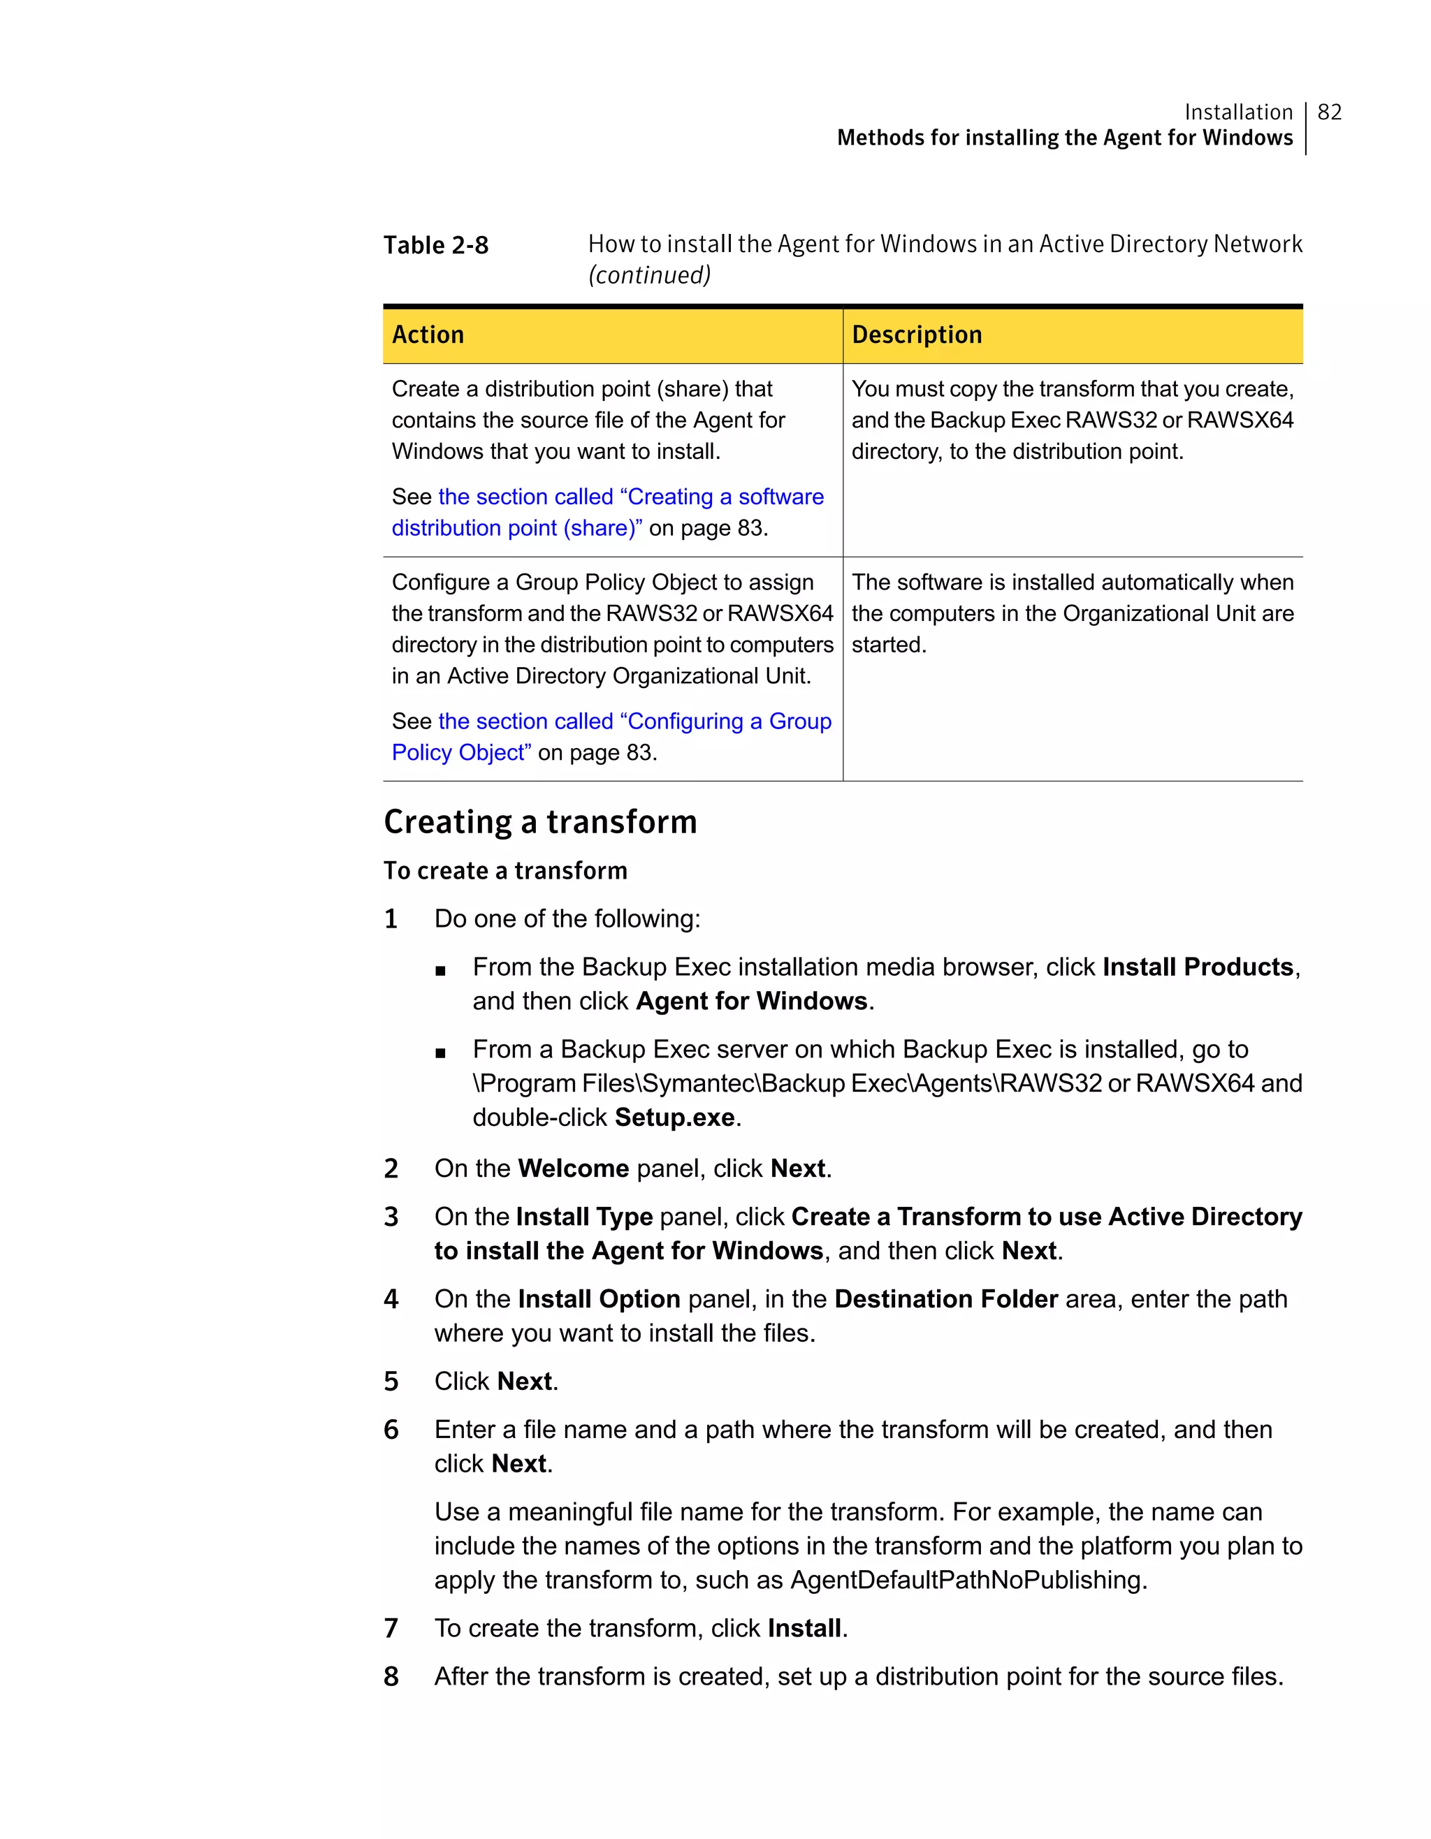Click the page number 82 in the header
click(x=1329, y=112)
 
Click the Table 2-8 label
click(x=435, y=245)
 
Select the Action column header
click(x=428, y=335)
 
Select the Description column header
click(x=916, y=335)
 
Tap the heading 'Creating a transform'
click(x=540, y=822)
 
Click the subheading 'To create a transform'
click(x=505, y=871)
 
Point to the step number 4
click(x=391, y=1299)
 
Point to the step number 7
click(x=391, y=1629)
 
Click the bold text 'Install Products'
click(x=1198, y=967)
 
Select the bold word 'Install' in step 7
click(x=804, y=1629)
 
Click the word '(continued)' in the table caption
click(x=649, y=275)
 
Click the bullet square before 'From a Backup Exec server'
click(x=440, y=1053)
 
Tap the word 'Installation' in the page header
click(x=1238, y=112)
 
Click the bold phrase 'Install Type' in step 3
click(x=585, y=1217)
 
